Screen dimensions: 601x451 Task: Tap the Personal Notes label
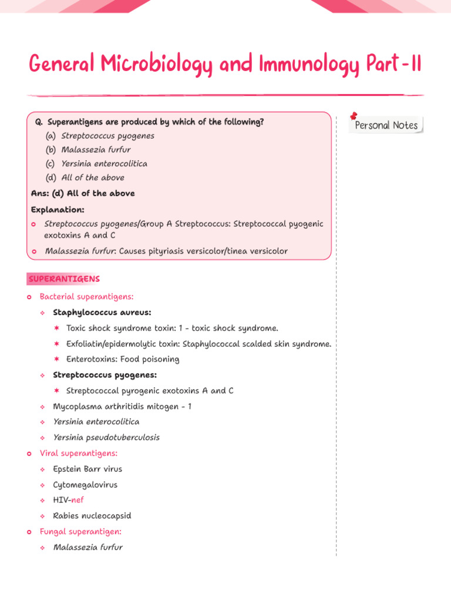386,126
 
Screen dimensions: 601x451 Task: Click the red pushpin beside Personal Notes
354,116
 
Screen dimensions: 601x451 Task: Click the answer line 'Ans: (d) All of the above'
83,193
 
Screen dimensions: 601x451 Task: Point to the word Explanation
58,210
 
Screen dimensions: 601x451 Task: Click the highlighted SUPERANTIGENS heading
64,279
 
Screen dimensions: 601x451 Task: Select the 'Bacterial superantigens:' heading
86,297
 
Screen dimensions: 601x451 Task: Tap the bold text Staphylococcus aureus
102,312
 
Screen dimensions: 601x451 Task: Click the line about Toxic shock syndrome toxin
172,328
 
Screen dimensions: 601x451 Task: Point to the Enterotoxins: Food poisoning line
123,359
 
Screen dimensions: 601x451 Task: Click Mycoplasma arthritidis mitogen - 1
122,406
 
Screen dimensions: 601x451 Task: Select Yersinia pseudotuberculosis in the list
106,437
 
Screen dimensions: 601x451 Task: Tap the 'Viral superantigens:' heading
79,453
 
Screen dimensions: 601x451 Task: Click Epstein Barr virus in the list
87,469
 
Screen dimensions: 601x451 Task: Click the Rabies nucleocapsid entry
92,516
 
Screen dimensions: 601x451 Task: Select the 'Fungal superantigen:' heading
80,532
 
